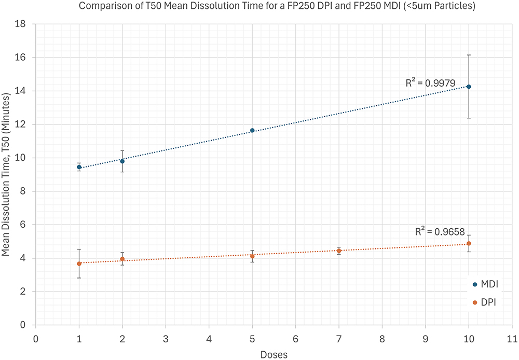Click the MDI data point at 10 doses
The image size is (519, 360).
point(469,87)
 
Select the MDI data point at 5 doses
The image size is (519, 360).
point(252,131)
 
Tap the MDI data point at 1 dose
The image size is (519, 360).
point(79,167)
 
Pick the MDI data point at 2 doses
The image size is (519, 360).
point(122,161)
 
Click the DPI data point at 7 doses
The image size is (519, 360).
point(339,251)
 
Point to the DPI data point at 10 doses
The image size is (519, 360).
point(469,243)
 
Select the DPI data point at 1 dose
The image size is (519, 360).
point(79,264)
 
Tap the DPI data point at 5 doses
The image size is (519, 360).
point(252,256)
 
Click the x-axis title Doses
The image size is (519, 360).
point(274,354)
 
